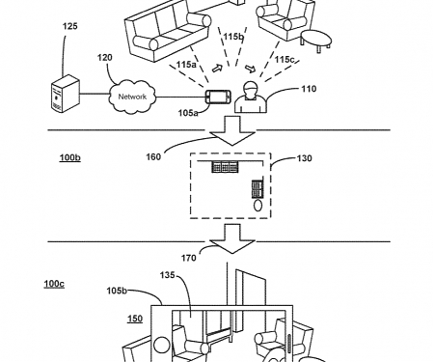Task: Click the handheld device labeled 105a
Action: click(x=215, y=97)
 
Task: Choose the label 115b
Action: click(x=233, y=37)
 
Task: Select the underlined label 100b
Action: click(x=70, y=181)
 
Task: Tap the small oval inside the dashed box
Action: click(x=258, y=205)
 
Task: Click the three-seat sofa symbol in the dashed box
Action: click(x=225, y=168)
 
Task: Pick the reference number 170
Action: click(x=190, y=259)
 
